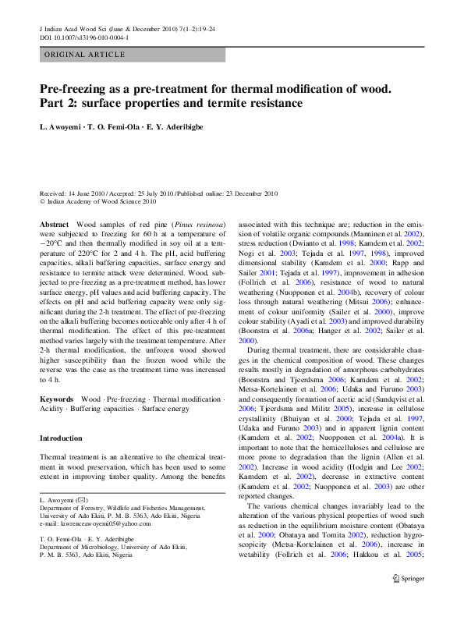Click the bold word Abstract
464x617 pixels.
coord(55,225)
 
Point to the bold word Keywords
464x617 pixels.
coord(57,399)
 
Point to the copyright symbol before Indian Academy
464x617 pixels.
coord(42,200)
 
